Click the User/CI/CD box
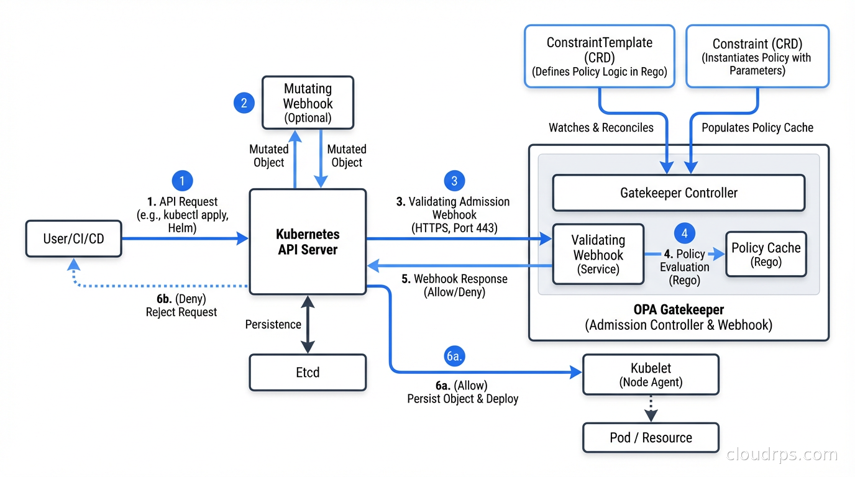pyautogui.click(x=73, y=238)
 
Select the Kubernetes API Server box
pyautogui.click(x=308, y=242)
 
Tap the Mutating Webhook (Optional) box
pyautogui.click(x=308, y=102)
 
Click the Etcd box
pyautogui.click(x=308, y=372)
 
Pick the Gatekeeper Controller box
pyautogui.click(x=679, y=193)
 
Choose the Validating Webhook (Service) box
pyautogui.click(x=598, y=255)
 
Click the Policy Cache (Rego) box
pyautogui.click(x=766, y=254)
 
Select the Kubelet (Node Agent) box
pyautogui.click(x=651, y=375)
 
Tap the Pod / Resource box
pyautogui.click(x=651, y=437)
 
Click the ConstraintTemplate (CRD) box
pyautogui.click(x=599, y=56)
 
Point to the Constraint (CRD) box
pyautogui.click(x=757, y=56)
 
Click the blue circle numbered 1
pyautogui.click(x=182, y=181)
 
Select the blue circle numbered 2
pyautogui.click(x=244, y=102)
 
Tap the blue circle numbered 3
pyautogui.click(x=454, y=181)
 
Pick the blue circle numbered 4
pyautogui.click(x=685, y=234)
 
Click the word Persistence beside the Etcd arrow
pyautogui.click(x=273, y=324)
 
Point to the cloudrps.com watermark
pyautogui.click(x=782, y=455)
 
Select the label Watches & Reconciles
pyautogui.click(x=601, y=127)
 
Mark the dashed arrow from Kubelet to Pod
pyautogui.click(x=651, y=409)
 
